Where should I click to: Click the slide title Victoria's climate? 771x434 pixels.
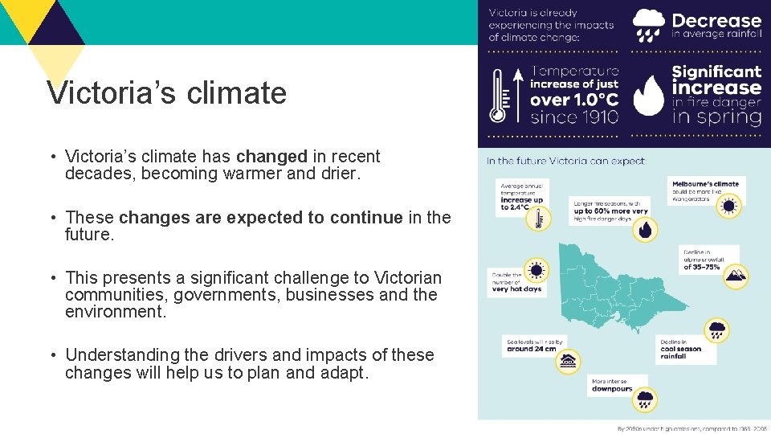point(166,93)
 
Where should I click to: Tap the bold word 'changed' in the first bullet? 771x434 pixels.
point(271,156)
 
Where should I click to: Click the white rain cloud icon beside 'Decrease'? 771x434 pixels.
point(648,25)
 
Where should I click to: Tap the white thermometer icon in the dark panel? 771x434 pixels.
point(498,94)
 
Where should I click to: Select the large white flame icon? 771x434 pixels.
point(648,96)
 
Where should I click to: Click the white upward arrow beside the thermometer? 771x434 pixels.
point(519,94)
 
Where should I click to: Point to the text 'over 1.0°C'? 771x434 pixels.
point(573,100)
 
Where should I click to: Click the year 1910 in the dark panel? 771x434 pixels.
point(594,117)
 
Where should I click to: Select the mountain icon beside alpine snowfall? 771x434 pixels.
point(735,276)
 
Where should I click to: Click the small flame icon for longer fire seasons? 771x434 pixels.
point(645,230)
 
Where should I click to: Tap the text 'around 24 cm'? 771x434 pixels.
point(531,349)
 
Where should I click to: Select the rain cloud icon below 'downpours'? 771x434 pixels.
point(644,398)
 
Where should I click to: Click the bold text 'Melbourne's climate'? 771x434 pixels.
point(705,184)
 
